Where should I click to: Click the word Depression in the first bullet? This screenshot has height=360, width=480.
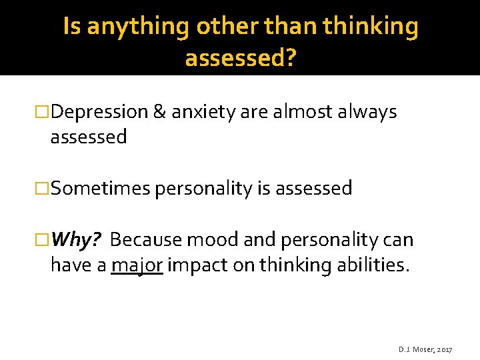click(x=99, y=112)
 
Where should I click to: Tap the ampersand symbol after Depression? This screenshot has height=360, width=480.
click(x=159, y=112)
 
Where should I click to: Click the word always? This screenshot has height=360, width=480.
click(x=368, y=112)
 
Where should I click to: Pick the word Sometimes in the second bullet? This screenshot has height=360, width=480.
click(x=100, y=189)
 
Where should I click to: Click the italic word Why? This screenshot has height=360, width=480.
click(x=75, y=239)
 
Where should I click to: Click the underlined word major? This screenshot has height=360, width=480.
click(x=137, y=265)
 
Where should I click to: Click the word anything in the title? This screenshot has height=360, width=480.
click(x=141, y=27)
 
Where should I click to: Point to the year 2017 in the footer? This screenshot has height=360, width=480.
click(x=444, y=349)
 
